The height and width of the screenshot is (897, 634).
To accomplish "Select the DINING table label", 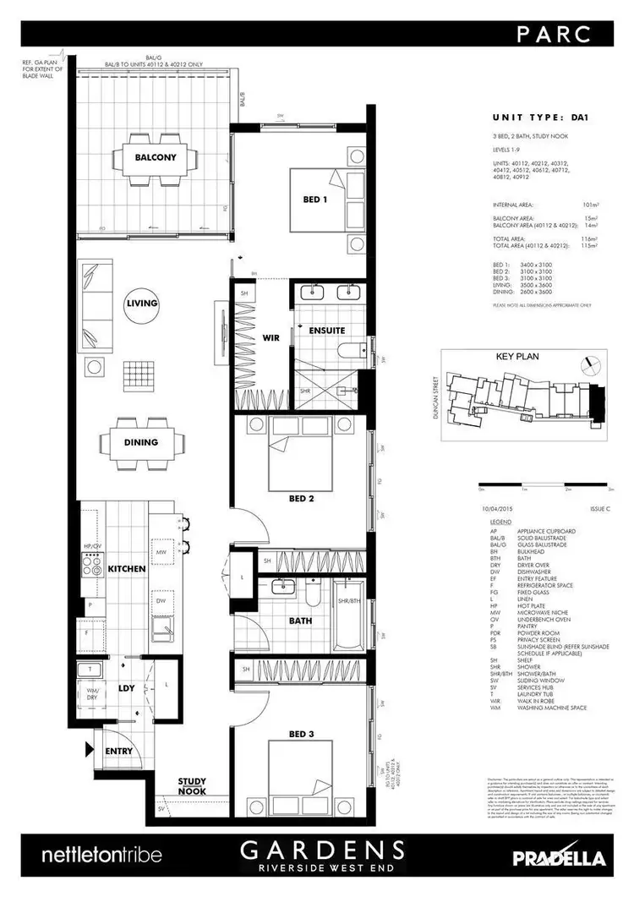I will (140, 442).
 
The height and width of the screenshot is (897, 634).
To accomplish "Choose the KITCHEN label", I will (128, 569).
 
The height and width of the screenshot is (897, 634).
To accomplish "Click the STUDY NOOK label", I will (193, 786).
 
